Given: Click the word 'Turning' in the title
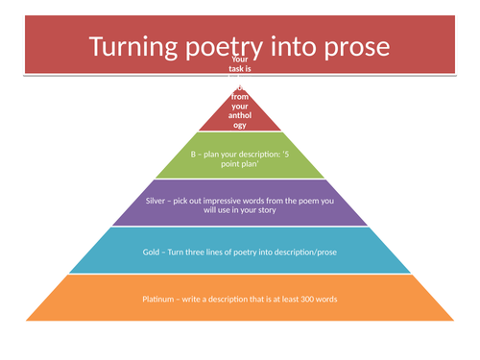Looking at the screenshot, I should (x=137, y=47).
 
